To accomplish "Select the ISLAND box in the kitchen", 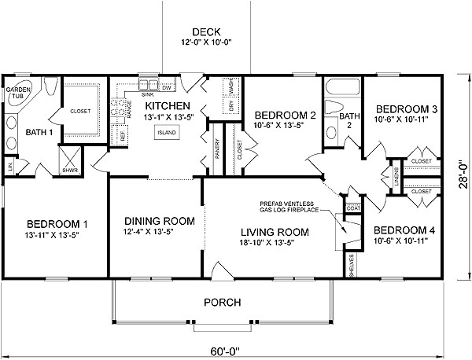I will [165, 133].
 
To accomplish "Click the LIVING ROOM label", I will [275, 232].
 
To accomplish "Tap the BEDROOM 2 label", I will [285, 116].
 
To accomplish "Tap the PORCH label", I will [223, 302].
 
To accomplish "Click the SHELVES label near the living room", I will [352, 265].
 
